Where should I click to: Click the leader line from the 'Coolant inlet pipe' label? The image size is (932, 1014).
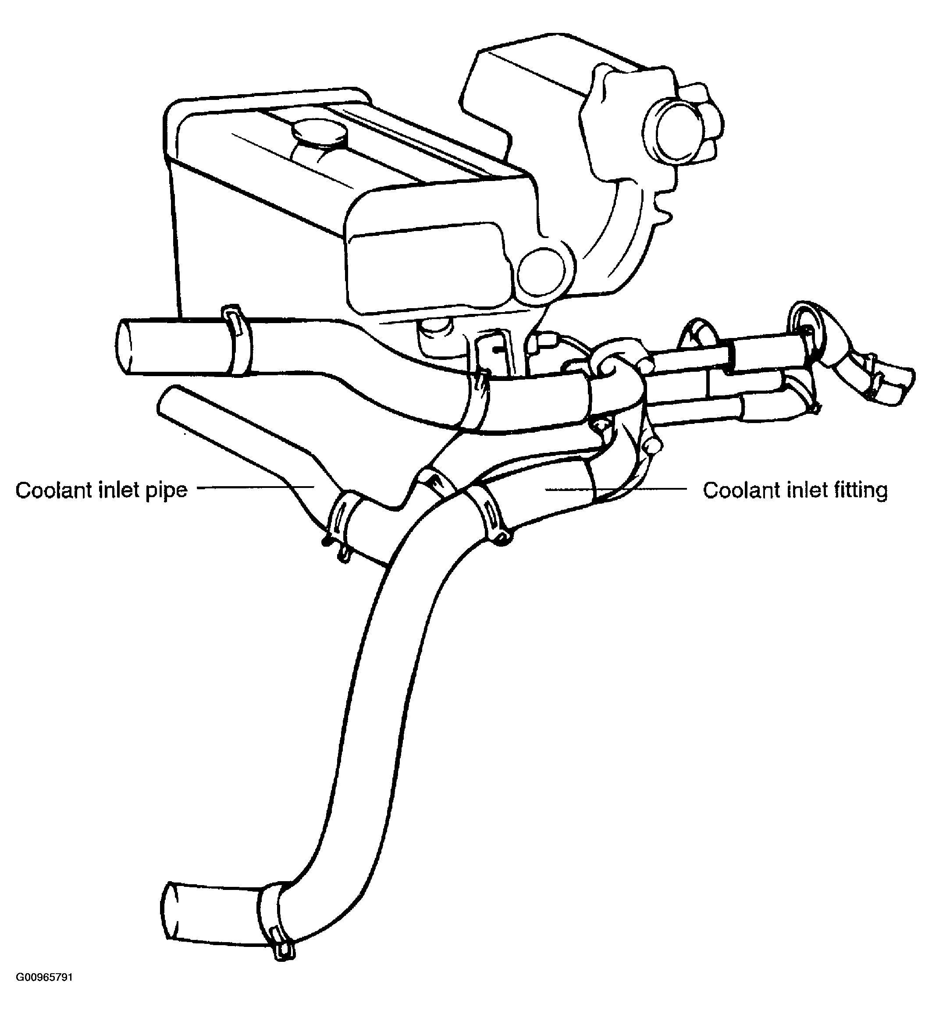(x=256, y=487)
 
